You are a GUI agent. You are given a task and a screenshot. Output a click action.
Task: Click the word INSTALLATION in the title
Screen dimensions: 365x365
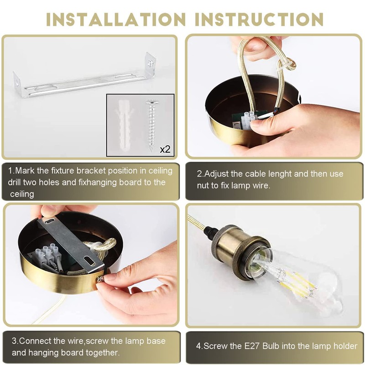point(116,19)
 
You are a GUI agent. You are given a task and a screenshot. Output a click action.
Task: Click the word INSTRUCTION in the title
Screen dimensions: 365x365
point(259,19)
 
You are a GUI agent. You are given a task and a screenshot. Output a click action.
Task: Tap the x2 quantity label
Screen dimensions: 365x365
point(165,149)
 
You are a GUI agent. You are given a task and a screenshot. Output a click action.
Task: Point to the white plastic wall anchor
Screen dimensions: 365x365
point(124,125)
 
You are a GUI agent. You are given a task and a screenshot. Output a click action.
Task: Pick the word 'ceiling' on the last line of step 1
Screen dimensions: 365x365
point(22,194)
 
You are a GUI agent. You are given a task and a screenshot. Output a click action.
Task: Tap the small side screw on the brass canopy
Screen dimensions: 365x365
point(100,279)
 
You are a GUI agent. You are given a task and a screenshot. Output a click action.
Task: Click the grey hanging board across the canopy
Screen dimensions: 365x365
point(70,242)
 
